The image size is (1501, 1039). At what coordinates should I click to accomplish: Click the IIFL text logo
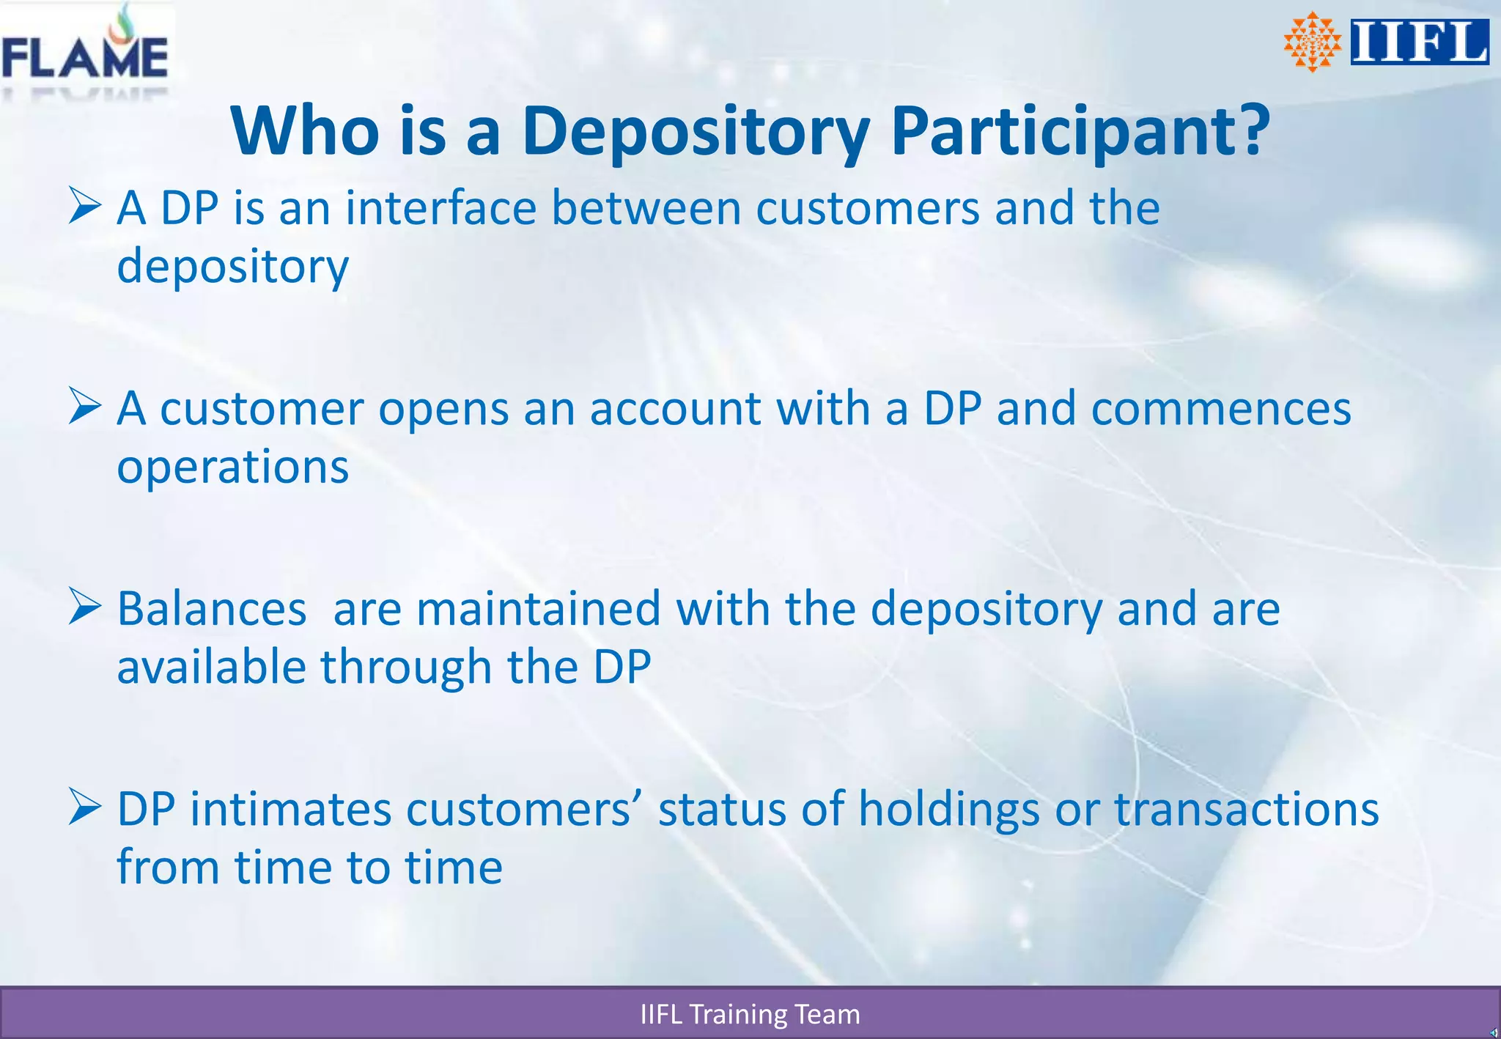(x=1419, y=42)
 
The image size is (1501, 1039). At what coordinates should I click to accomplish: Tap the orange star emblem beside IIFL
(x=1312, y=42)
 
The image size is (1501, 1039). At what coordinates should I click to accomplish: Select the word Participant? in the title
(x=1080, y=131)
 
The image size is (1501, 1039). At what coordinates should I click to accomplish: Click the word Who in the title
(x=305, y=131)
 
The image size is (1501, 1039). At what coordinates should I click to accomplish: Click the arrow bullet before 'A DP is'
(x=85, y=206)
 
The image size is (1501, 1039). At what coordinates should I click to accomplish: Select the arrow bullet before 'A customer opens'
(x=85, y=407)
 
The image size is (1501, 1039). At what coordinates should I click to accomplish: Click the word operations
(x=232, y=467)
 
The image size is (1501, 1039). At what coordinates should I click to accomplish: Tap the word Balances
(x=212, y=609)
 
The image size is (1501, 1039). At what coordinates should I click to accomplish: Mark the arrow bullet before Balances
(x=85, y=607)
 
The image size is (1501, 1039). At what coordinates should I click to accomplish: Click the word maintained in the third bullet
(x=538, y=609)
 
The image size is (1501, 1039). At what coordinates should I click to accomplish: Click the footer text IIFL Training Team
(x=750, y=1014)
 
